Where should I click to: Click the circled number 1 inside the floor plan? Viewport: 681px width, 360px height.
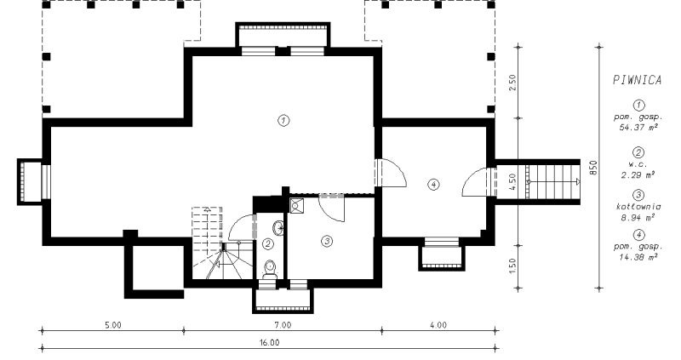click(x=283, y=120)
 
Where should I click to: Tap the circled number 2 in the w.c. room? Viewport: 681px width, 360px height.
click(x=268, y=244)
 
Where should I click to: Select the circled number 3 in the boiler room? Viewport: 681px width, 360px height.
click(x=327, y=241)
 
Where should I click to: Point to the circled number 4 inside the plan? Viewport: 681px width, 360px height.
click(x=433, y=185)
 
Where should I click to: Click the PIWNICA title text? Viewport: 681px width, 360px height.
click(x=637, y=80)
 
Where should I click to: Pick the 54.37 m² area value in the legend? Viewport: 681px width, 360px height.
click(x=638, y=128)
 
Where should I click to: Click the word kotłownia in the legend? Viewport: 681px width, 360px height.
click(x=638, y=207)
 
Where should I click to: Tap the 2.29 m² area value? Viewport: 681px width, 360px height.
click(x=638, y=175)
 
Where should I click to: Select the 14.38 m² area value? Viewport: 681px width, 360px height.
click(x=638, y=257)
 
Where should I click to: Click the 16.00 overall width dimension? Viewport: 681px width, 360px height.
click(x=270, y=342)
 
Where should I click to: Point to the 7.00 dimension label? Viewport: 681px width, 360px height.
click(x=283, y=325)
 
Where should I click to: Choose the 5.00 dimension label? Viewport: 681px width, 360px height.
click(x=112, y=325)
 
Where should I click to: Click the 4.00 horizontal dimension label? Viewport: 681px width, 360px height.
click(x=438, y=325)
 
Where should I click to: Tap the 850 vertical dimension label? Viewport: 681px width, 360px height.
click(x=593, y=168)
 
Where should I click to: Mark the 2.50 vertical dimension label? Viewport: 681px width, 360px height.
click(x=512, y=82)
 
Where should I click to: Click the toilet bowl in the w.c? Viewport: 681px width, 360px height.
click(x=269, y=269)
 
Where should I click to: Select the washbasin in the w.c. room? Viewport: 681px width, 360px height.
click(x=278, y=226)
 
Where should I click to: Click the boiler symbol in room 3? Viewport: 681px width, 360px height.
click(x=296, y=205)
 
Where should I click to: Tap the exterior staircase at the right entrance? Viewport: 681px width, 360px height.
click(x=552, y=181)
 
